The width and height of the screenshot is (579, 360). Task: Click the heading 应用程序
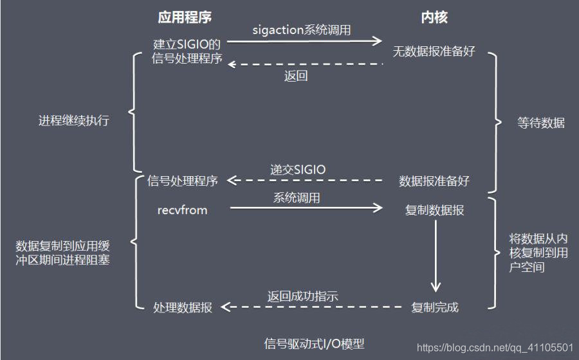pyautogui.click(x=185, y=17)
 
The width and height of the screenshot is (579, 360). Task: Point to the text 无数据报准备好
pyautogui.click(x=434, y=51)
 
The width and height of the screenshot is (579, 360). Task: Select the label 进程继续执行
pyautogui.click(x=74, y=121)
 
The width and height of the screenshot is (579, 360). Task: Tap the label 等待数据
pyautogui.click(x=541, y=123)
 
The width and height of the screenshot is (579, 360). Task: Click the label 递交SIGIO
pyautogui.click(x=298, y=170)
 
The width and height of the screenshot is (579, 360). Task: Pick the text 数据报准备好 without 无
pyautogui.click(x=434, y=181)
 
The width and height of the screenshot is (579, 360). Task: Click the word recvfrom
pyautogui.click(x=183, y=210)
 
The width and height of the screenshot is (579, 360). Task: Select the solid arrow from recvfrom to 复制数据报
pyautogui.click(x=306, y=208)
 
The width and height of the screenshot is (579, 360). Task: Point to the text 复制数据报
pyautogui.click(x=435, y=210)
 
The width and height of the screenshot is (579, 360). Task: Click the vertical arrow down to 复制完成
pyautogui.click(x=436, y=257)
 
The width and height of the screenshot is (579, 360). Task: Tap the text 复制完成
pyautogui.click(x=435, y=307)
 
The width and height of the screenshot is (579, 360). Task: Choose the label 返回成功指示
pyautogui.click(x=302, y=296)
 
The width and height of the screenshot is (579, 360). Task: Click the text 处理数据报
pyautogui.click(x=183, y=307)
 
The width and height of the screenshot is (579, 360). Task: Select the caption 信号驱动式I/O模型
pyautogui.click(x=318, y=343)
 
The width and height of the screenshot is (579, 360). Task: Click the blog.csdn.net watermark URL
pyautogui.click(x=495, y=348)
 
